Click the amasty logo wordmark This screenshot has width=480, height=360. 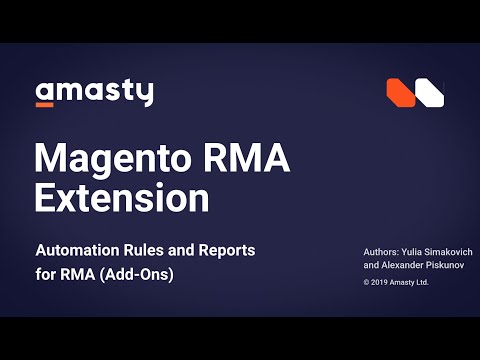point(94,92)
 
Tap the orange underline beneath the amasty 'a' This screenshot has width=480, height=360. point(45,103)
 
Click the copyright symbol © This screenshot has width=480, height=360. point(367,284)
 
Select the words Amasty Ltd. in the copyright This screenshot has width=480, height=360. point(414,284)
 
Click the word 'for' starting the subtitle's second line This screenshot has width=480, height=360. point(46,274)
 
